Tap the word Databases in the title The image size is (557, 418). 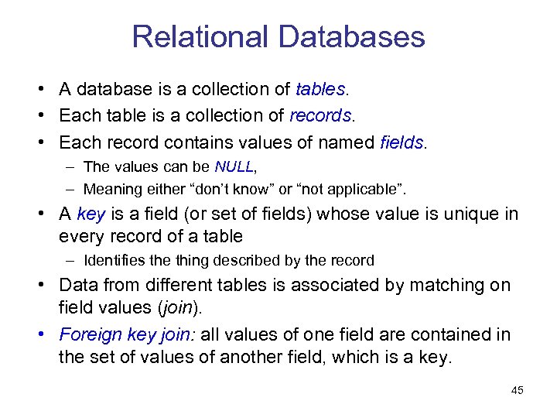point(349,37)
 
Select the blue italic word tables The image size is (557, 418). point(320,90)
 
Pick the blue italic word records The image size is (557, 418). point(320,116)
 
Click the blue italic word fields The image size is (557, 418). point(402,142)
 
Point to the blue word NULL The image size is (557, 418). point(234,167)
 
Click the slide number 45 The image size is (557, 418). point(518,390)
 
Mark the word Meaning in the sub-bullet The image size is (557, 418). point(109,190)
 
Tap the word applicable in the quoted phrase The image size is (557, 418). point(367,190)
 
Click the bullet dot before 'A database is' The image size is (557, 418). point(41,91)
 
